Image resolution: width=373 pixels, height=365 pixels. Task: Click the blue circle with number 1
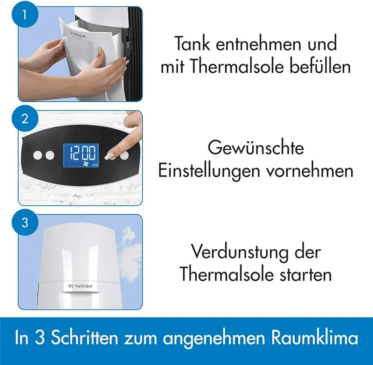tap(25, 15)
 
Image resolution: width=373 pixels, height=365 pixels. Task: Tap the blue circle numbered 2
tap(25, 119)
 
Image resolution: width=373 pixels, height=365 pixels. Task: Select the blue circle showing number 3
tap(25, 222)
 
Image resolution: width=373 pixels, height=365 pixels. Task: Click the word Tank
tap(192, 43)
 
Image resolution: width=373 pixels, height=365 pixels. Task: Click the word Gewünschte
tap(256, 147)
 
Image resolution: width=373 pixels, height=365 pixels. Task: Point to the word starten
tap(305, 274)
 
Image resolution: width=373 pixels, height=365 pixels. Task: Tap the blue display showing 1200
tap(81, 155)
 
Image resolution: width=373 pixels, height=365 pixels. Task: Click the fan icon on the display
tap(85, 163)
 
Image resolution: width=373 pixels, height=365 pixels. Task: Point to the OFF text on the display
tap(95, 165)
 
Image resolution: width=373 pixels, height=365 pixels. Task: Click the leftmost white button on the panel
tap(38, 155)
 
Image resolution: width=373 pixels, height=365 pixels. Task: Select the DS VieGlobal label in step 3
tap(80, 286)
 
